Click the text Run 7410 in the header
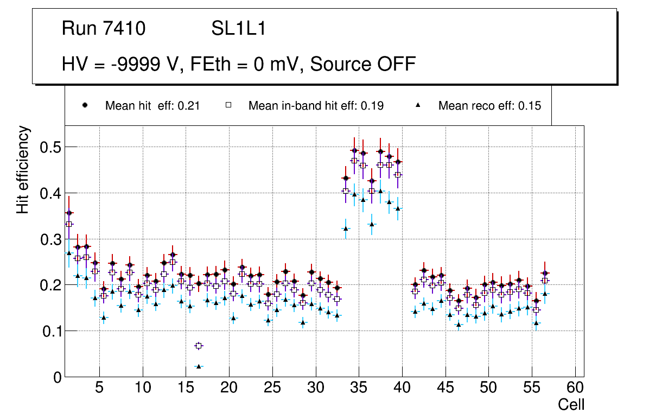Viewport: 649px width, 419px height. pos(104,29)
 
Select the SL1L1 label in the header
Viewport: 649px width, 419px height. pos(238,29)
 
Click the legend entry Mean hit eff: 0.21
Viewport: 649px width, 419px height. pos(152,106)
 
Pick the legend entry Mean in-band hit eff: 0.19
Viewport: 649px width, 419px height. pos(316,106)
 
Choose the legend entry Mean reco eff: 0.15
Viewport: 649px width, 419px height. pos(489,106)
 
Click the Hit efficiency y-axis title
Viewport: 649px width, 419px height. pos(23,169)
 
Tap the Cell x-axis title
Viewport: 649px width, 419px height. pos(571,404)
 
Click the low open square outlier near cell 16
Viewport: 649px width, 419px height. pos(199,346)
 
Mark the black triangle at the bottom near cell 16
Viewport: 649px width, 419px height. pos(199,366)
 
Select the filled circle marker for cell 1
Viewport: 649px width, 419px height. pos(69,213)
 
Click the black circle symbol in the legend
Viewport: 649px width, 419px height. pos(85,106)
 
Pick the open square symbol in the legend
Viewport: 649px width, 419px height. pos(228,106)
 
